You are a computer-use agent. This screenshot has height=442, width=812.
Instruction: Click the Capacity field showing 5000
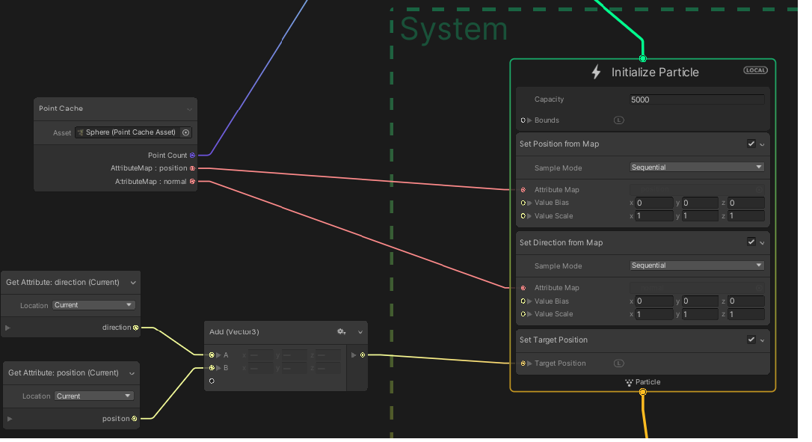coord(697,99)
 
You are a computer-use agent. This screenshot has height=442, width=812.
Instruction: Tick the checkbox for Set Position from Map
coord(751,144)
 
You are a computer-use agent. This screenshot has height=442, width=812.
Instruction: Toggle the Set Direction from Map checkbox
coord(751,242)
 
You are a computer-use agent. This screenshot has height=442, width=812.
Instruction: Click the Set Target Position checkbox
coord(751,340)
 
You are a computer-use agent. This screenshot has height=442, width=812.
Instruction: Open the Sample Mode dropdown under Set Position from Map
coord(697,168)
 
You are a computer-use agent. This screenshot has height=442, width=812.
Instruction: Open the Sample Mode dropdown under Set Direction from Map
coord(697,265)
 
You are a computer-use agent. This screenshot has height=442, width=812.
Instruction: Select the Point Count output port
coord(192,156)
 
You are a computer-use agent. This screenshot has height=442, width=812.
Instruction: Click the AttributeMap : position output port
coord(192,168)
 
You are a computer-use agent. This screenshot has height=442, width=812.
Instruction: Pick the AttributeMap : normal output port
coord(192,182)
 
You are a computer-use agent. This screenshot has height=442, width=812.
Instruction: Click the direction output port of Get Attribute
coord(135,328)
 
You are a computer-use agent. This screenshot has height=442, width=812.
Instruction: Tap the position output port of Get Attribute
coord(135,419)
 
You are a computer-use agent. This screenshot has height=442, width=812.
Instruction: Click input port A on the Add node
coord(212,355)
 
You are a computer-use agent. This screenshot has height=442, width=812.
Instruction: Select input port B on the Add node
coord(212,368)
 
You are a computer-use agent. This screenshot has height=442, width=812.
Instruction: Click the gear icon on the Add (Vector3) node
coord(341,331)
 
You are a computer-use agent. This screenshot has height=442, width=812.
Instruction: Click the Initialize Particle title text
coord(655,73)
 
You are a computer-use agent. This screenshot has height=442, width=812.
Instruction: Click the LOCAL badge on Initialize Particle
coord(755,70)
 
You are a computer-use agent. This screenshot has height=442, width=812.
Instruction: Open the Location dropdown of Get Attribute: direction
coord(93,305)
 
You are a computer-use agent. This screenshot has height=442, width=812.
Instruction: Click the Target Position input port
coord(523,363)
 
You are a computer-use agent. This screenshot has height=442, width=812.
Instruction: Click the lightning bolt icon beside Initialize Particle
coord(596,73)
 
